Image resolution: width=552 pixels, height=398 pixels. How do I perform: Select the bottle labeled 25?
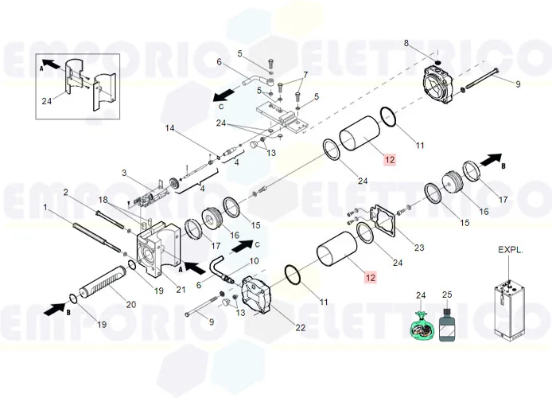[447, 325]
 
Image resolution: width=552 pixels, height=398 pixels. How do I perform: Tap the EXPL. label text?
[511, 250]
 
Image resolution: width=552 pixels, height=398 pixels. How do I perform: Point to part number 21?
[181, 290]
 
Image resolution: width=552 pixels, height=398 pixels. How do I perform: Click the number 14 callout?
[169, 128]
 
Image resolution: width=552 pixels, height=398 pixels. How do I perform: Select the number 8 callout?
[406, 43]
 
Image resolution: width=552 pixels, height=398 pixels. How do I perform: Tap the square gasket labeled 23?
[383, 220]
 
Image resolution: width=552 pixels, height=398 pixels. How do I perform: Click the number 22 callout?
[301, 328]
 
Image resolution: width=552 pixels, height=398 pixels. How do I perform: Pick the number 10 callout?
[254, 261]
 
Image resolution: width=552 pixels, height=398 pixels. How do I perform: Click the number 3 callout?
[124, 173]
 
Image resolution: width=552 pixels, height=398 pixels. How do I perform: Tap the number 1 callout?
[45, 207]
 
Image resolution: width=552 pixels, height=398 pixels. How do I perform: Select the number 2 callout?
[65, 192]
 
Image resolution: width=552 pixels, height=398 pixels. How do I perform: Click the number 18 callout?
[103, 200]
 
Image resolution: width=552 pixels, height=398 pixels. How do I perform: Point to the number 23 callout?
[419, 248]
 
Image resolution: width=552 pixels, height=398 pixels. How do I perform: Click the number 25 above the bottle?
[447, 295]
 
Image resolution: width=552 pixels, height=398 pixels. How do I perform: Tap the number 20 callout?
[131, 304]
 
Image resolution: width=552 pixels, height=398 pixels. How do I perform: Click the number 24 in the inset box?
[46, 101]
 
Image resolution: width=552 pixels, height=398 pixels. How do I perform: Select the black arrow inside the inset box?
[51, 64]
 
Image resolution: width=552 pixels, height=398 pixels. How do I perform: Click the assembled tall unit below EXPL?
[509, 309]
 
